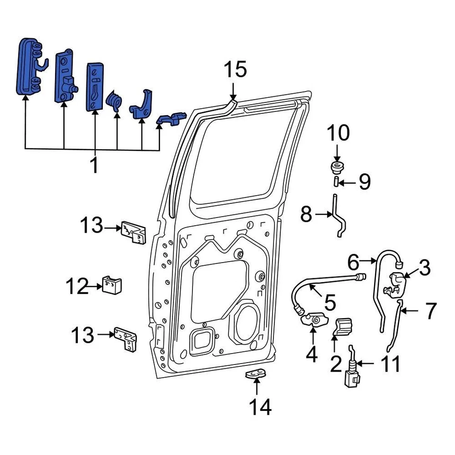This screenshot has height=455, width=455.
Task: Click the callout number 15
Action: click(x=235, y=70)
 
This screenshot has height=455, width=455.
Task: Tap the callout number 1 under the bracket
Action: click(x=94, y=165)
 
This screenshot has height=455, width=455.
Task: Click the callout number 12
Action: click(x=77, y=286)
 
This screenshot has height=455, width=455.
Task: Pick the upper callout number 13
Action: click(x=91, y=226)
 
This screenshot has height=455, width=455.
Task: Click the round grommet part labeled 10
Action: click(x=337, y=167)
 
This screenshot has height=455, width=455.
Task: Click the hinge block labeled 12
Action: click(x=113, y=285)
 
